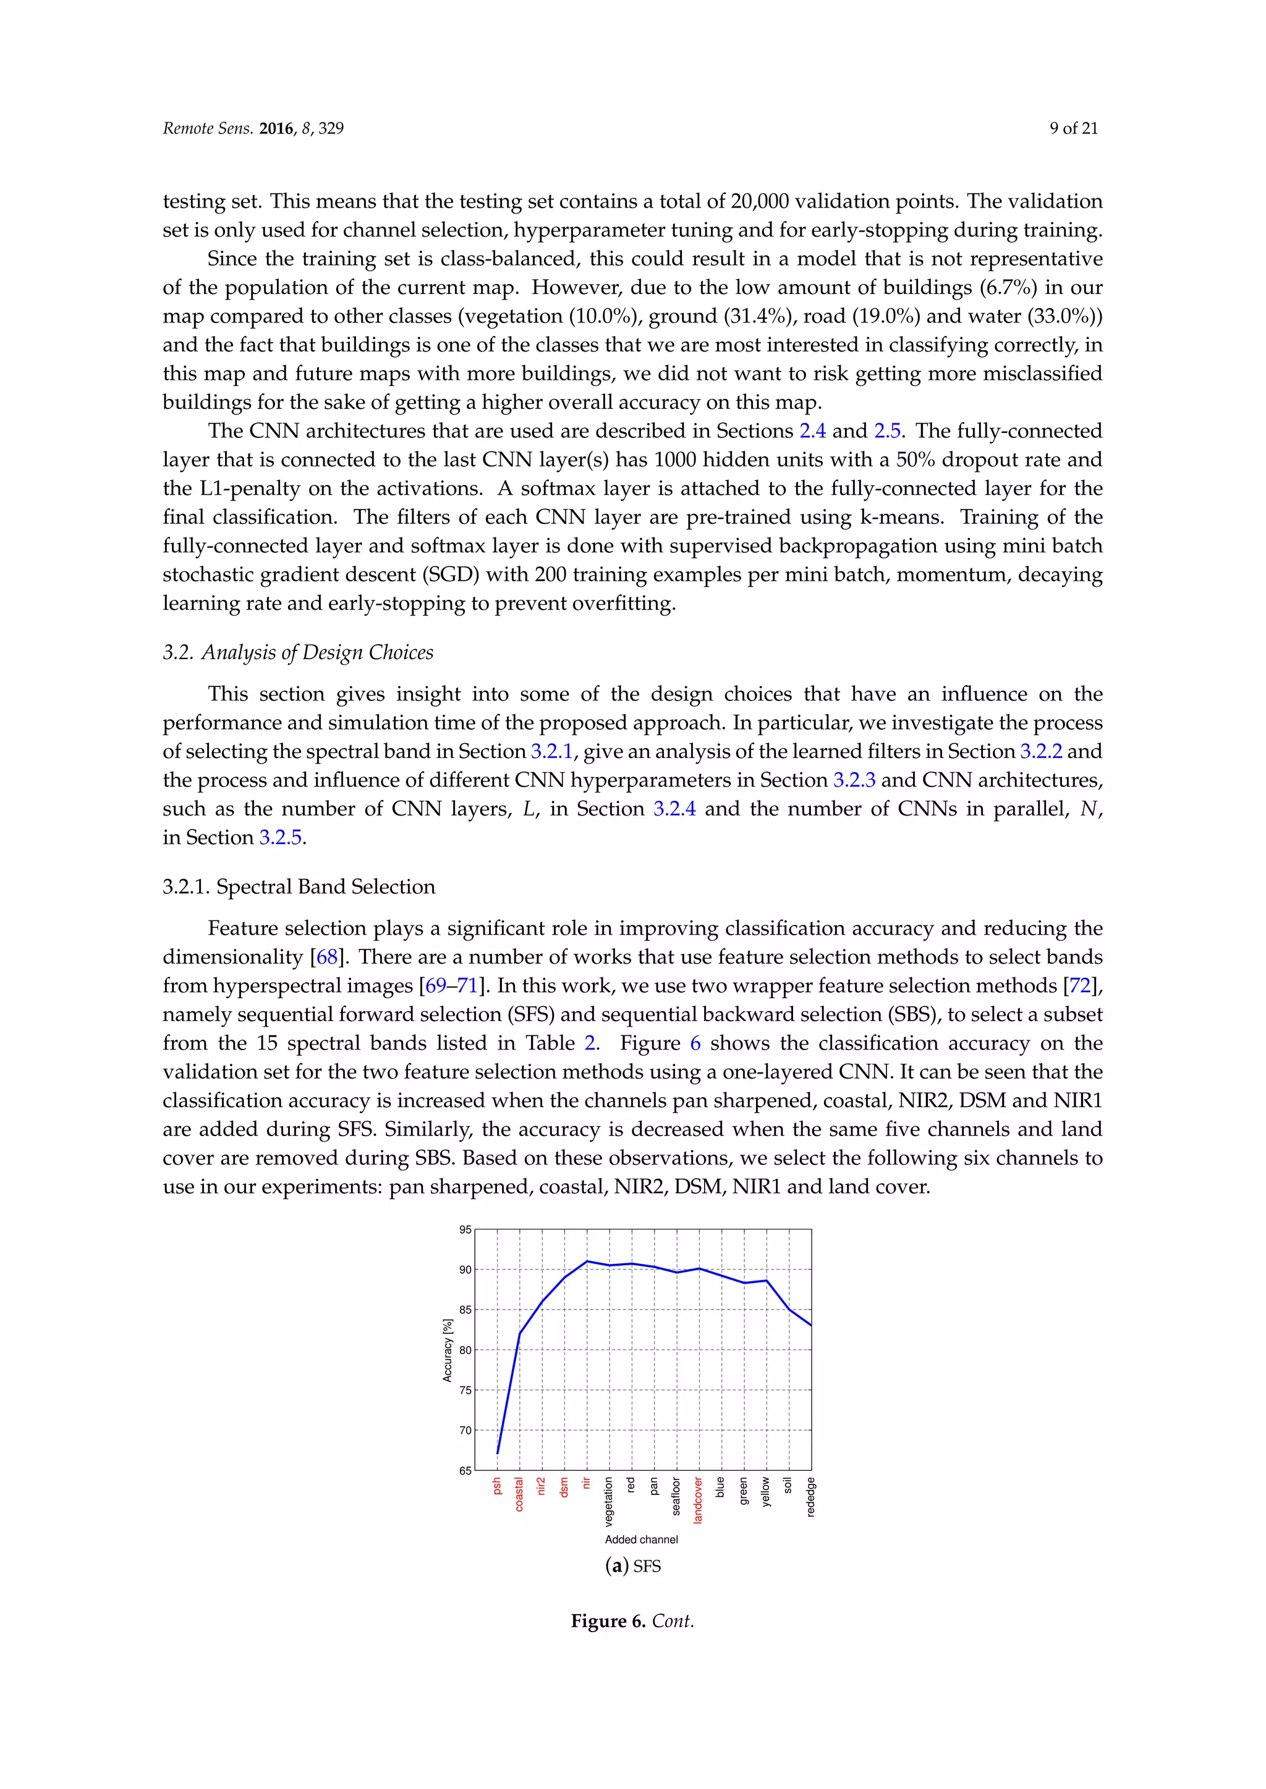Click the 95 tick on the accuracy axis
pos(465,1229)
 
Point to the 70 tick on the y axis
pos(465,1431)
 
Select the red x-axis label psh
pos(496,1486)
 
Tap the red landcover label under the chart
pos(698,1499)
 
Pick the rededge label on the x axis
pos(811,1497)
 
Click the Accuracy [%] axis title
pos(448,1350)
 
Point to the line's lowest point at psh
pos(498,1453)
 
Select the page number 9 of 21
pos(1074,128)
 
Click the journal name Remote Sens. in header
pos(207,128)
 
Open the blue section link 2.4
pos(812,431)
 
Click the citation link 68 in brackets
pos(326,957)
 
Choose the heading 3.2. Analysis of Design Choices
pos(298,652)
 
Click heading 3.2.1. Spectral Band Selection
pos(299,886)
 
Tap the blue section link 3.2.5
pos(280,838)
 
